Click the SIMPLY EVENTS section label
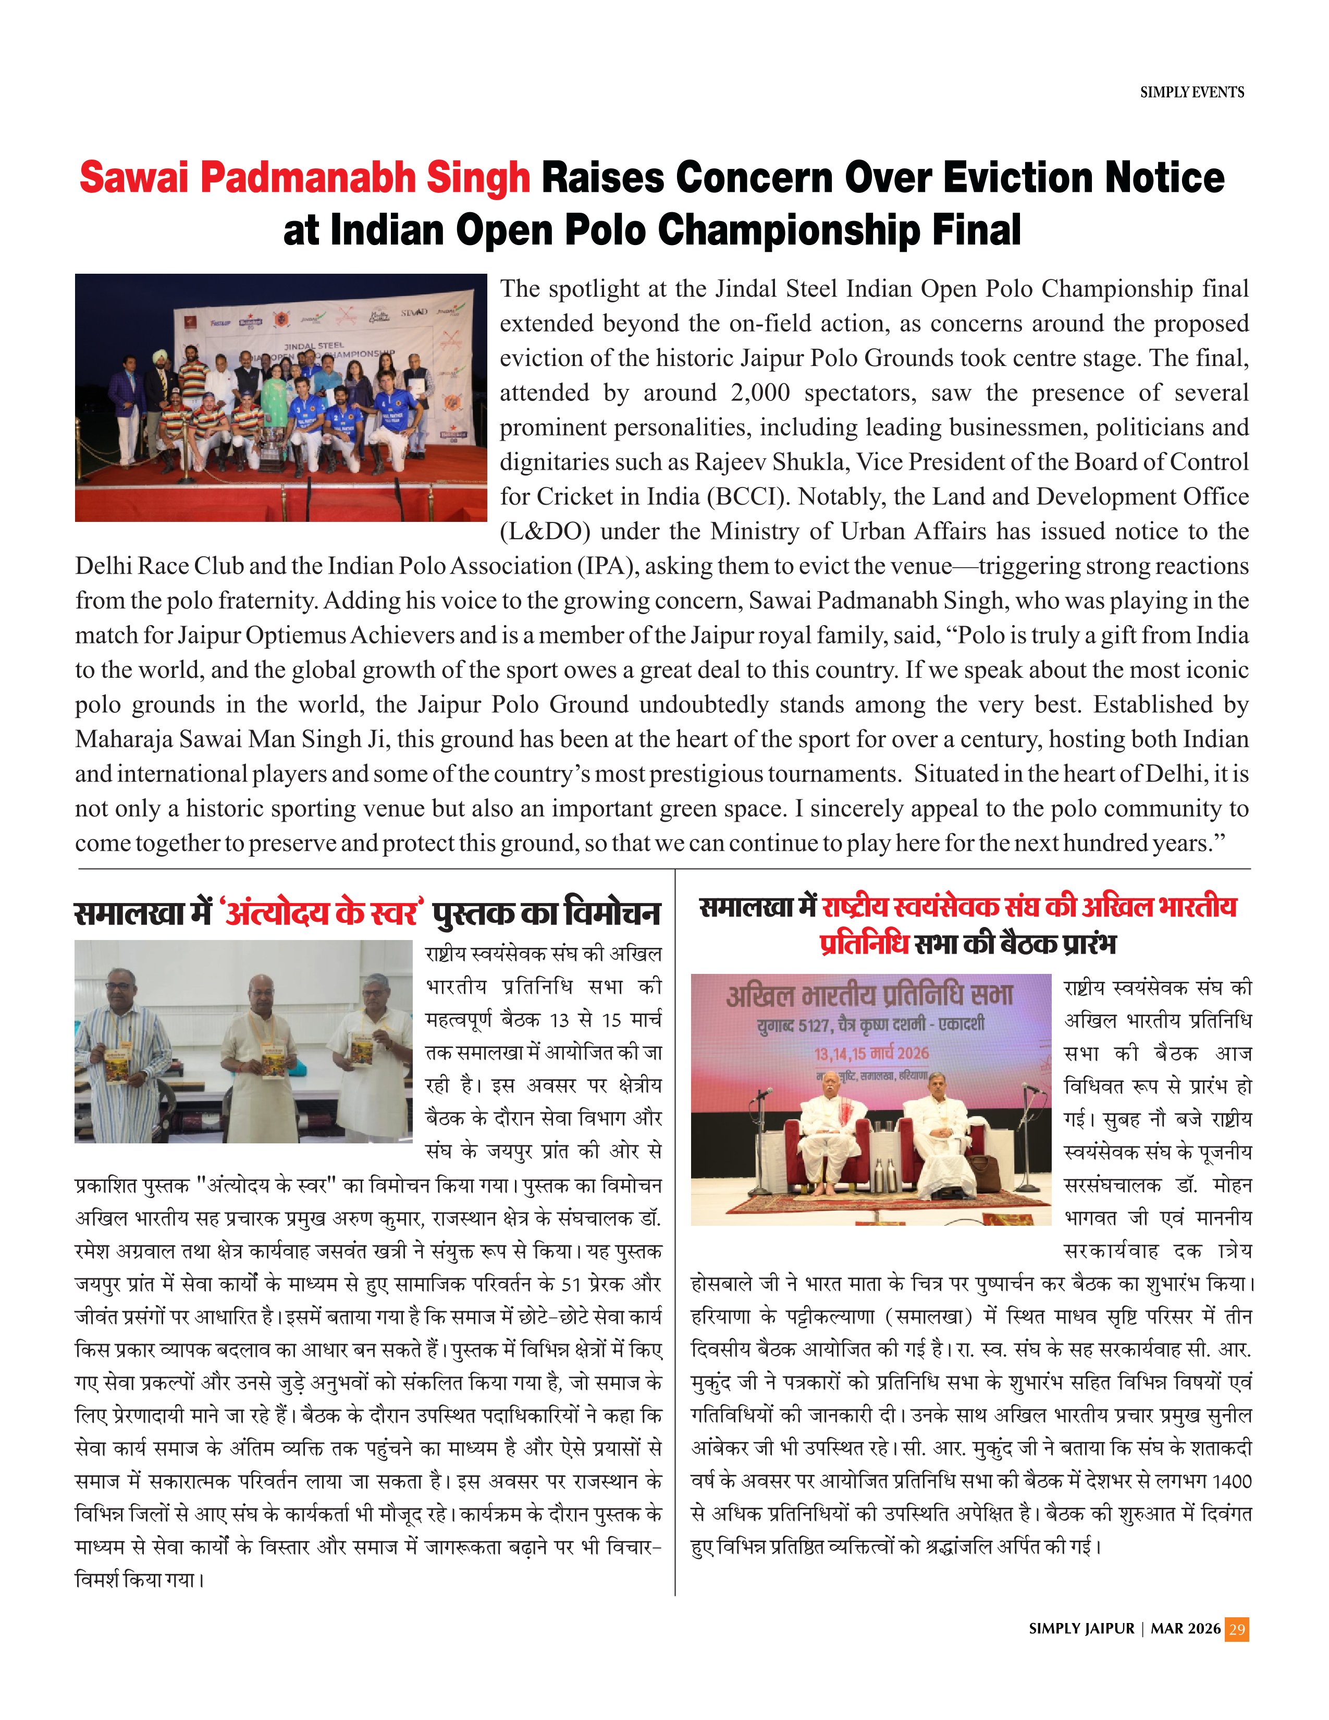point(1191,93)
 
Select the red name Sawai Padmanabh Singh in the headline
point(305,178)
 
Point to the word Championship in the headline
point(789,230)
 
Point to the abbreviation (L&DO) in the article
point(544,531)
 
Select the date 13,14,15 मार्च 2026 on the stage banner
point(871,1054)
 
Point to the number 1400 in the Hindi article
point(1230,1481)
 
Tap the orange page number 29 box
point(1237,1629)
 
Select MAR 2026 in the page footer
point(1185,1629)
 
